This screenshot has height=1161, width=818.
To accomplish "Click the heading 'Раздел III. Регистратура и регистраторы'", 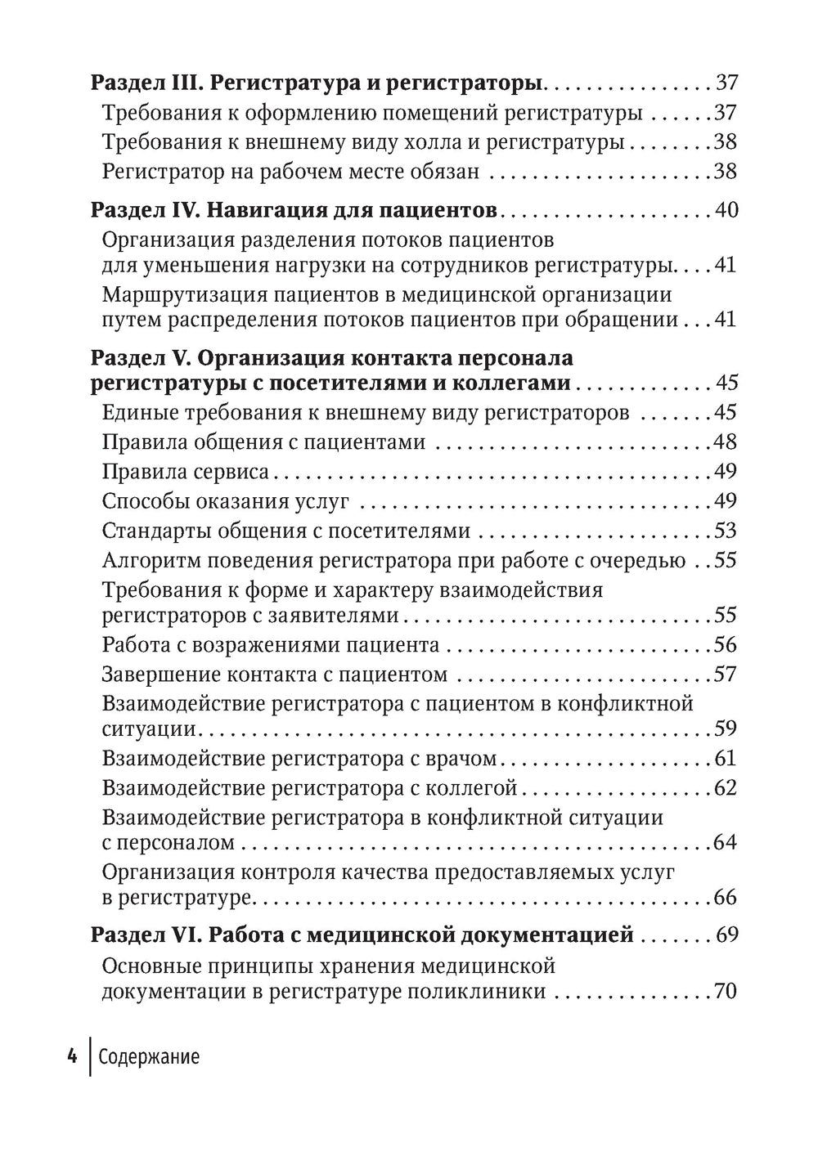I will pyautogui.click(x=317, y=83).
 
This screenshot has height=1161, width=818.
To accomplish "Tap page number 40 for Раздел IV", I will pyautogui.click(x=726, y=210).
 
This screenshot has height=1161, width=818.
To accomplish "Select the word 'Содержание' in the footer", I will pyautogui.click(x=148, y=1057).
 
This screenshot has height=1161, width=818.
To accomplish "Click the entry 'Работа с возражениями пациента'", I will pyautogui.click(x=271, y=645).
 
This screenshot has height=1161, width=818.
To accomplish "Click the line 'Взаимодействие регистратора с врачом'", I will pyautogui.click(x=299, y=759).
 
